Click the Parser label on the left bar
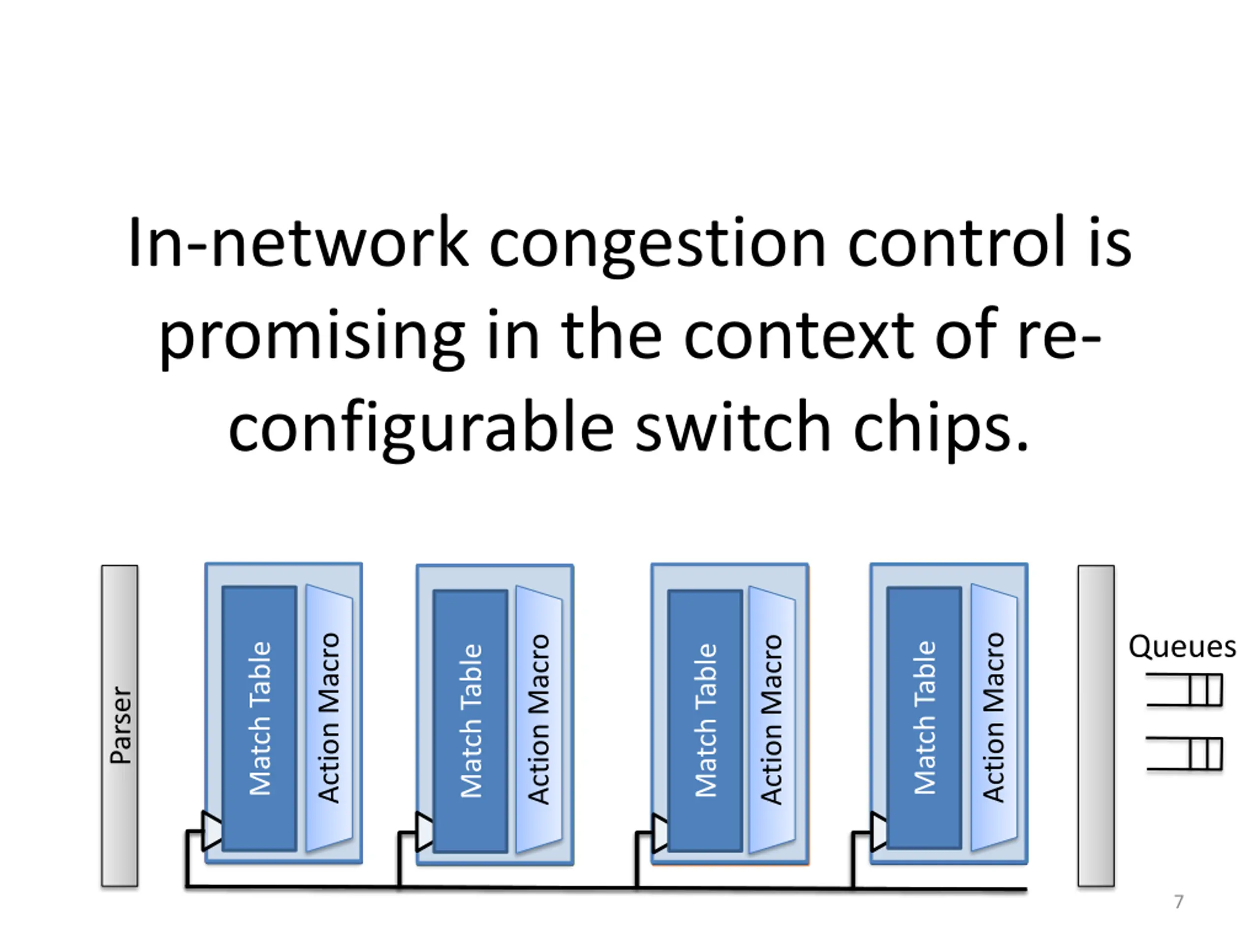pyautogui.click(x=121, y=724)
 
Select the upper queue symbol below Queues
pyautogui.click(x=1184, y=690)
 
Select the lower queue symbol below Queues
pyautogui.click(x=1184, y=754)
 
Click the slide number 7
pyautogui.click(x=1179, y=902)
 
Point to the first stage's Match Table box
pyautogui.click(x=259, y=718)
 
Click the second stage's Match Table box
pyautogui.click(x=470, y=721)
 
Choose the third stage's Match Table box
pyautogui.click(x=705, y=721)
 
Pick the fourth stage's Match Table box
pyautogui.click(x=924, y=718)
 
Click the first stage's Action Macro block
pyautogui.click(x=329, y=718)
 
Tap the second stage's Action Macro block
pyautogui.click(x=539, y=720)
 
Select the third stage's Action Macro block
pyautogui.click(x=772, y=720)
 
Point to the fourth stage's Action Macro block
pyautogui.click(x=994, y=717)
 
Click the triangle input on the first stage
pyautogui.click(x=212, y=831)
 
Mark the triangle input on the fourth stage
pyautogui.click(x=879, y=832)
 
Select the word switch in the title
pyautogui.click(x=732, y=427)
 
